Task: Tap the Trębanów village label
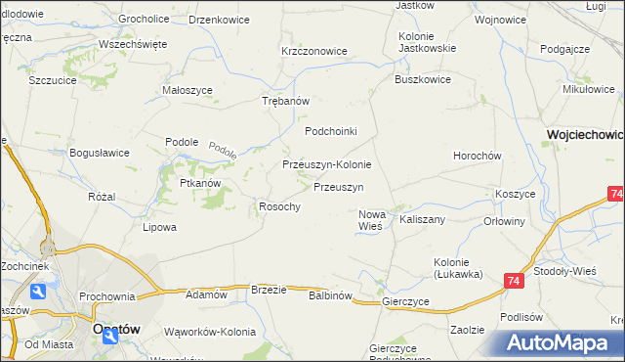(x=286, y=101)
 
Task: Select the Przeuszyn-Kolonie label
(x=326, y=164)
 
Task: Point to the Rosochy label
(x=278, y=206)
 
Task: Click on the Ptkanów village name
(x=201, y=183)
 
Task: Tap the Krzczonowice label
(x=314, y=51)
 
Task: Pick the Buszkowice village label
(x=422, y=80)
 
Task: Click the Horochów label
(x=478, y=156)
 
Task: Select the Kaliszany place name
(x=422, y=220)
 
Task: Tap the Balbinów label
(x=329, y=295)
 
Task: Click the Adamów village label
(x=206, y=294)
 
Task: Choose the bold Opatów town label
(x=104, y=331)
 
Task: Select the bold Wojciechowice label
(x=585, y=134)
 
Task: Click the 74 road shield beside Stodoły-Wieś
(x=514, y=281)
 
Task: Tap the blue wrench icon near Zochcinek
(x=38, y=291)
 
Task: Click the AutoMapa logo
(x=560, y=342)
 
